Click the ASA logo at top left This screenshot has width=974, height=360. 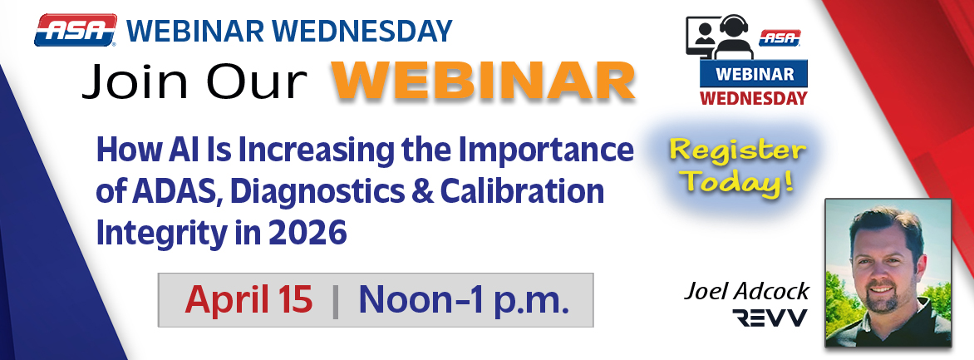tap(75, 31)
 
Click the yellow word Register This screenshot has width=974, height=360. tap(737, 151)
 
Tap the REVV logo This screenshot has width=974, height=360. tap(769, 318)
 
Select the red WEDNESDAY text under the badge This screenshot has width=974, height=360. tap(754, 97)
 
